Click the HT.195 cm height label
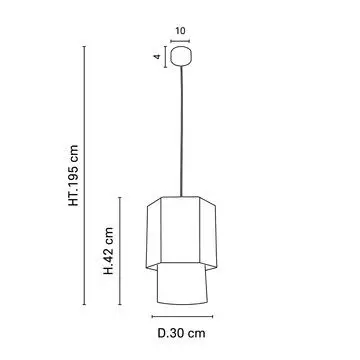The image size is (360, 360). point(73,175)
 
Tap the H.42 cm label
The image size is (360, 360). point(109,251)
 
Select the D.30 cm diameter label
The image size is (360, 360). point(182,333)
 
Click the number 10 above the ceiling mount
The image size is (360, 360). point(180,31)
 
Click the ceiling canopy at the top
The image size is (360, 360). point(181,56)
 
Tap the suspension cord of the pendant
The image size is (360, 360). point(182,131)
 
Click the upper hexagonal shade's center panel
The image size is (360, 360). point(180,229)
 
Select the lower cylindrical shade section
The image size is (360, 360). point(182,283)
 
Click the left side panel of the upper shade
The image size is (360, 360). point(154,233)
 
